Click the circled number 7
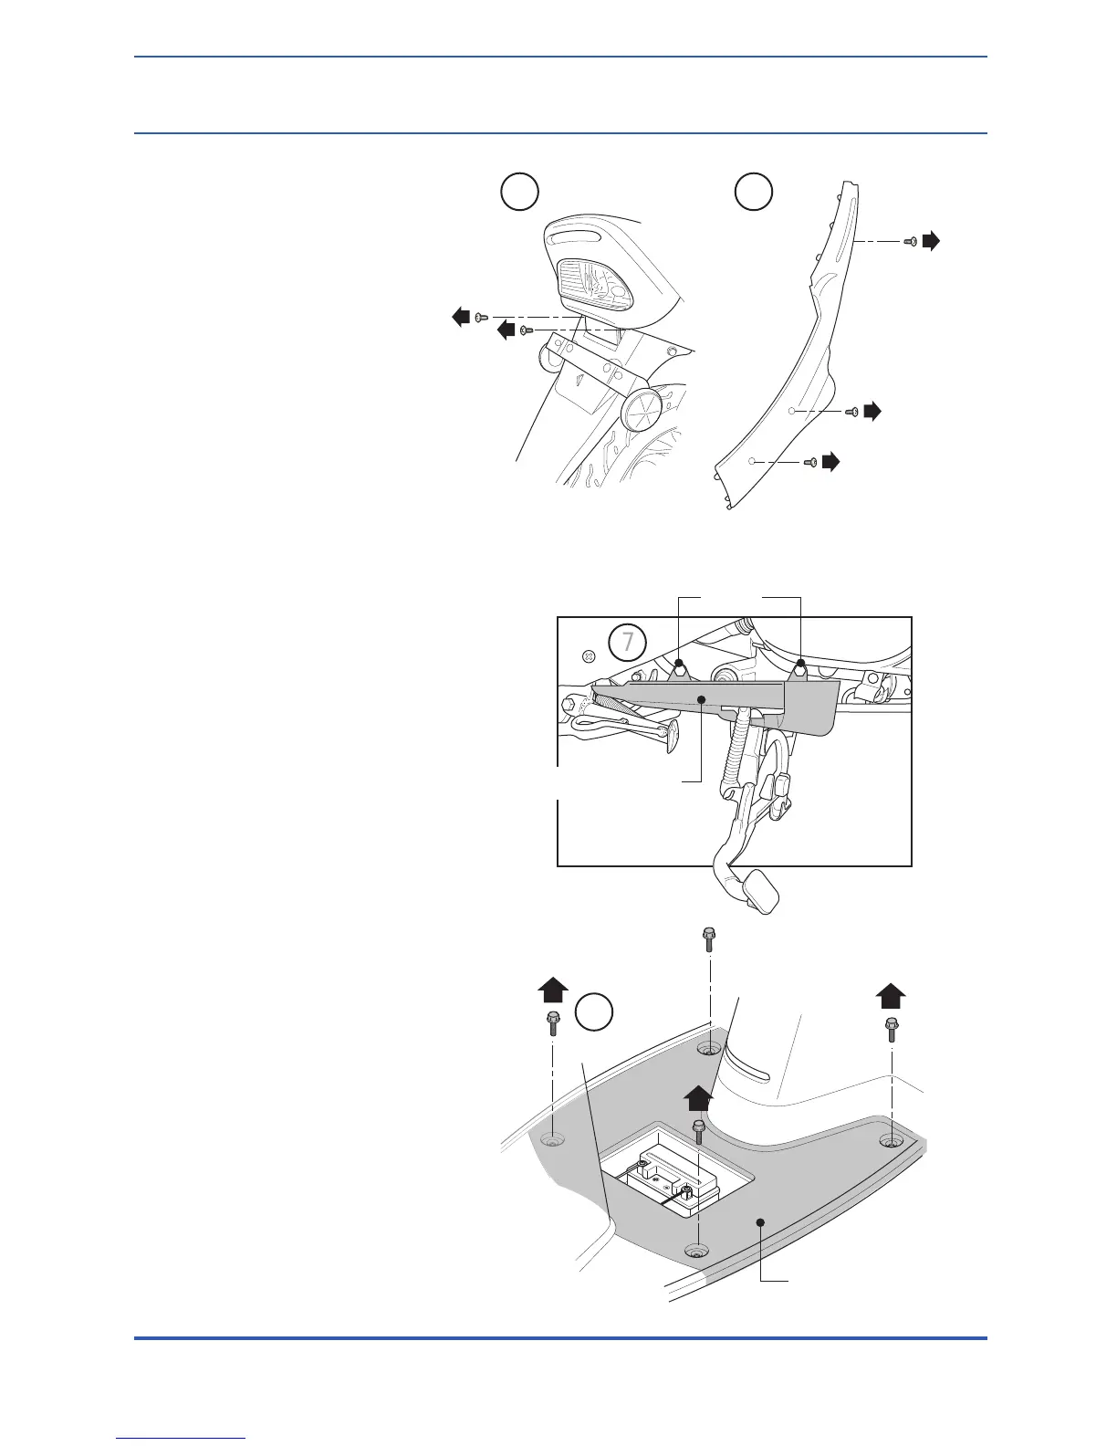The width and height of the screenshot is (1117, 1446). coord(627,642)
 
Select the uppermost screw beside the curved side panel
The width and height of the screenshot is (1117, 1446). coord(910,241)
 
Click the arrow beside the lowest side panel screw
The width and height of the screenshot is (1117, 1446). coord(830,462)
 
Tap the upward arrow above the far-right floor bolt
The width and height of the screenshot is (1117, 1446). coord(891,996)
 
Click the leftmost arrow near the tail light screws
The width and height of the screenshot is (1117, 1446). coord(462,317)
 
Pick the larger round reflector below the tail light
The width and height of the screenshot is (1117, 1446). coord(644,410)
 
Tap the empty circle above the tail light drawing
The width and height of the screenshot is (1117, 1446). coord(520,192)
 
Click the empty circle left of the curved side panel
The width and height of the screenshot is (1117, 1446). coord(755,192)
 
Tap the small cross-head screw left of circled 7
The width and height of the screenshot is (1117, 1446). coord(589,655)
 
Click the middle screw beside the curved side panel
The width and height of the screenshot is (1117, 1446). coord(851,412)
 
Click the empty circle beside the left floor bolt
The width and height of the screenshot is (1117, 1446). coord(593,1013)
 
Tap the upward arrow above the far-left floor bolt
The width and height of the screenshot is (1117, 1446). coord(553,990)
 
